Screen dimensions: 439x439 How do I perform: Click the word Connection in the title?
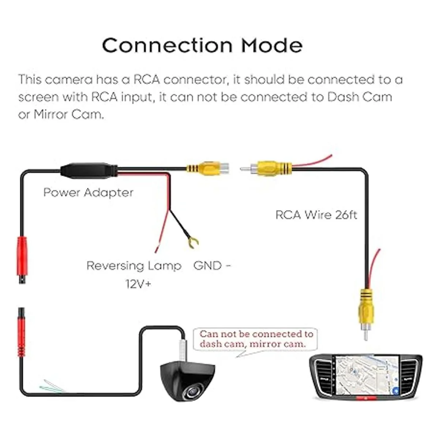pyautogui.click(x=168, y=45)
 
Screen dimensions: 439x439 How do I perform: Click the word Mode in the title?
pyautogui.click(x=272, y=45)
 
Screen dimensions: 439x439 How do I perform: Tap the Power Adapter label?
pyautogui.click(x=88, y=192)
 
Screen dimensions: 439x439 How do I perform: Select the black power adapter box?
pyautogui.click(x=89, y=170)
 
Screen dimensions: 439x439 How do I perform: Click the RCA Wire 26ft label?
pyautogui.click(x=316, y=215)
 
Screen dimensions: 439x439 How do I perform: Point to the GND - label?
pyautogui.click(x=212, y=266)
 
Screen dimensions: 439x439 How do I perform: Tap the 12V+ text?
pyautogui.click(x=138, y=284)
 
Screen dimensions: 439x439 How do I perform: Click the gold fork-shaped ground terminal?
pyautogui.click(x=193, y=243)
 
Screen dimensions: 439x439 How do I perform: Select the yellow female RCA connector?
pyautogui.click(x=207, y=169)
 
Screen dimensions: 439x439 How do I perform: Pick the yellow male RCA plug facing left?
pyautogui.click(x=266, y=169)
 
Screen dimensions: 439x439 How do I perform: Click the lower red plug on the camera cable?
pyautogui.click(x=22, y=332)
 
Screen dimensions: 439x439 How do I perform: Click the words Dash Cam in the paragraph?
pyautogui.click(x=360, y=97)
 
